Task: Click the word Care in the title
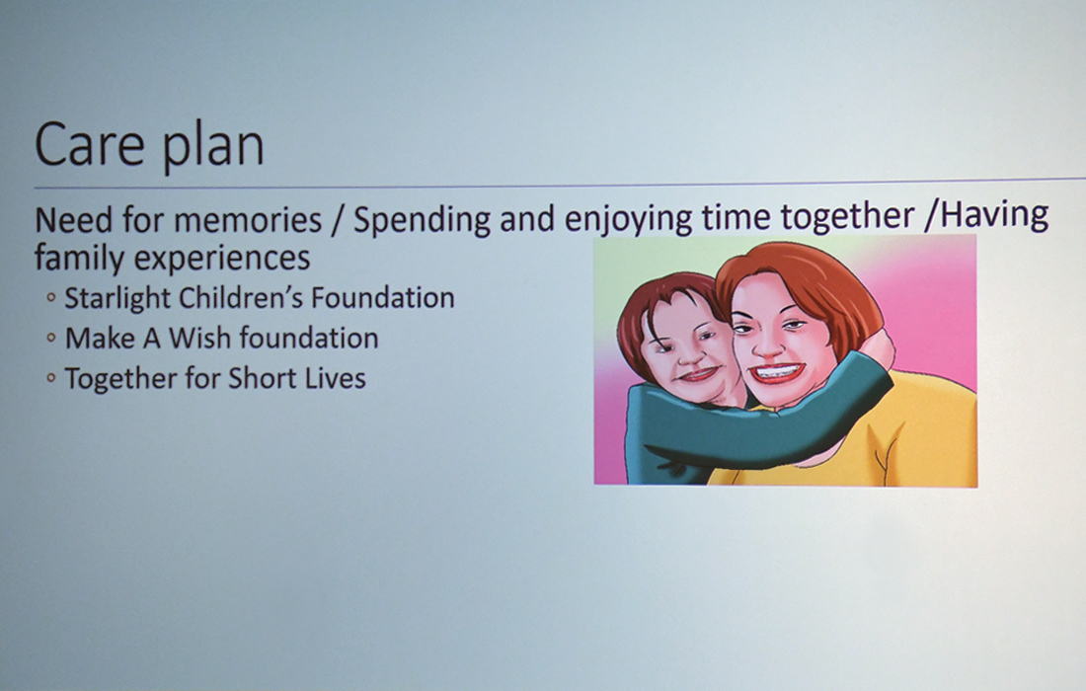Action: pos(89,144)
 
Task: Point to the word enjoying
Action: pos(628,219)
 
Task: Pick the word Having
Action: pos(994,214)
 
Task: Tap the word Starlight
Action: pos(117,298)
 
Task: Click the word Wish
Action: pos(200,338)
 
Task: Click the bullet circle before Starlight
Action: pos(50,298)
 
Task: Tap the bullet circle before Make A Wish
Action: pos(50,338)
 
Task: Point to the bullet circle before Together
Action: pos(50,378)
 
